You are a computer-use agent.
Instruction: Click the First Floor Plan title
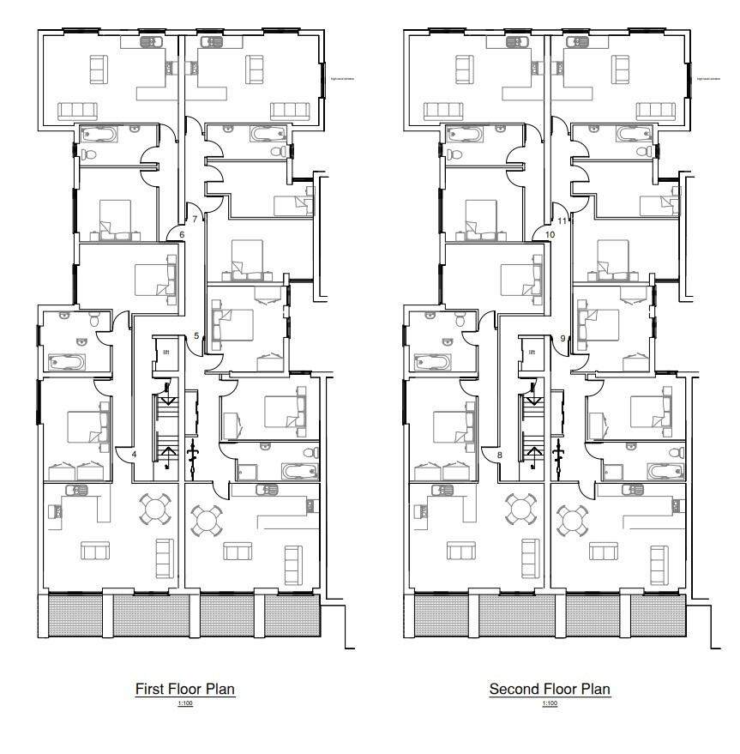pos(184,689)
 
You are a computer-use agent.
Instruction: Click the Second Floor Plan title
pos(550,689)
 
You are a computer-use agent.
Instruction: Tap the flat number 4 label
pos(134,454)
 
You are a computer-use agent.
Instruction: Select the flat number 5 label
pos(196,335)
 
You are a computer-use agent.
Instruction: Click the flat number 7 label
pos(195,220)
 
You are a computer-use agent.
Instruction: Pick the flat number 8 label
pos(499,454)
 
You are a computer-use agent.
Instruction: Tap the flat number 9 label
pos(563,338)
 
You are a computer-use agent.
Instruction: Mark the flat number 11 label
pos(562,220)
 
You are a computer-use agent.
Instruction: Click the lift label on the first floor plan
pos(165,352)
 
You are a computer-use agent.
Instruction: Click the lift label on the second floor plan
pos(532,352)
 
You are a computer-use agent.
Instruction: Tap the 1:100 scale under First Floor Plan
pos(184,703)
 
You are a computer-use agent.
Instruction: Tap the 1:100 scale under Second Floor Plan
pos(550,703)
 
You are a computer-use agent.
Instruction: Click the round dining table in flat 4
pos(156,509)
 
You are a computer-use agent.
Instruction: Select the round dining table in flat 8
pos(521,509)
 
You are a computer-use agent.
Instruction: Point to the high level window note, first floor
pos(342,78)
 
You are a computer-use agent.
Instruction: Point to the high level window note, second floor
pos(707,78)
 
